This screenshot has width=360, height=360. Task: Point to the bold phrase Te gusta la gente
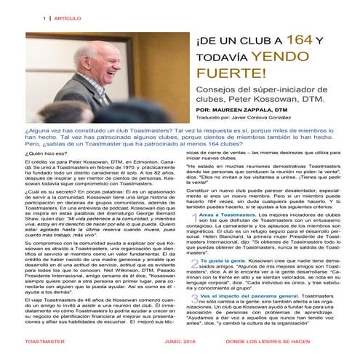(x=219, y=279)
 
